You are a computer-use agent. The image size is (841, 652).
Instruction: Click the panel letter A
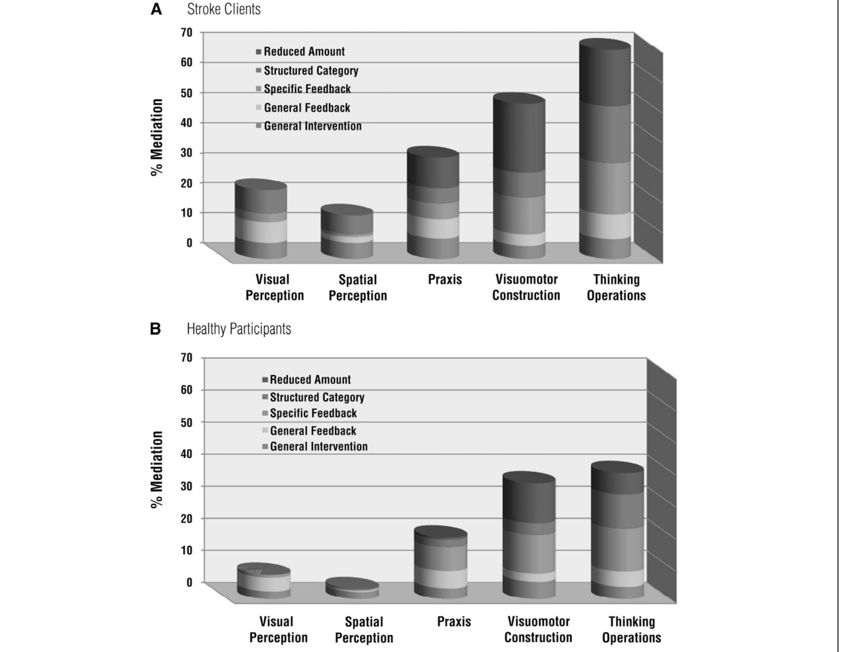(156, 9)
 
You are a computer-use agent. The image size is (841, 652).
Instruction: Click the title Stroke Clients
(223, 9)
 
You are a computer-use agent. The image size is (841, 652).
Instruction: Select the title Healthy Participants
(239, 329)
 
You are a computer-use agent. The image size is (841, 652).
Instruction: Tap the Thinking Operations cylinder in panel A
(605, 151)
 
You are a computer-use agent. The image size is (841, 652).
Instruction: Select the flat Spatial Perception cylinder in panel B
(352, 588)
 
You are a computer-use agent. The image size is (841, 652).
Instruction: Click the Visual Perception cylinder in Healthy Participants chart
(264, 581)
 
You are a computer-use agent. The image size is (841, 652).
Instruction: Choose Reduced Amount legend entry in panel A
(304, 52)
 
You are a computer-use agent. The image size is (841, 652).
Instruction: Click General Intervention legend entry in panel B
(318, 447)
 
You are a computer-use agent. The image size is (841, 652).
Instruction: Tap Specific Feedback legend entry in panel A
(307, 89)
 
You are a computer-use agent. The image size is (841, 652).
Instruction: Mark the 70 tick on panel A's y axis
(187, 32)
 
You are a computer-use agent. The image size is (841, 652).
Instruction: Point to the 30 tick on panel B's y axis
(187, 486)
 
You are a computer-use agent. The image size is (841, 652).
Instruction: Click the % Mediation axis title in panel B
(157, 470)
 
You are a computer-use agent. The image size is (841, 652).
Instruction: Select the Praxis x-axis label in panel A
(445, 279)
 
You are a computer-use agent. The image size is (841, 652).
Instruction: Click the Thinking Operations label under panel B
(631, 629)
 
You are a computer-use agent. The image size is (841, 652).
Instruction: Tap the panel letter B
(155, 329)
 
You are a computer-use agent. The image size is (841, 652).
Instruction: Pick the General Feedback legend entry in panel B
(313, 431)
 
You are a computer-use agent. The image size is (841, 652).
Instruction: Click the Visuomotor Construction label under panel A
(526, 287)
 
